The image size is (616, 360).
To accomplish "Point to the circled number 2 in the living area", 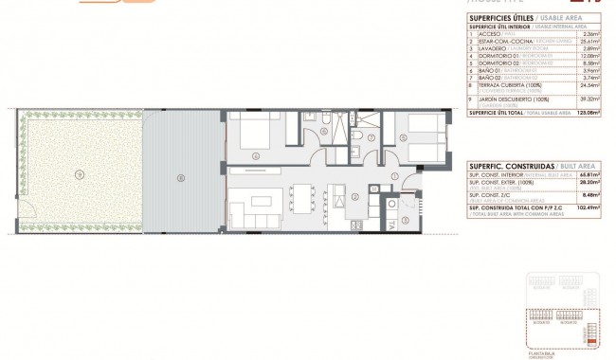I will tap(353, 197).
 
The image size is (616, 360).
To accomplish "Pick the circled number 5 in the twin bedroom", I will tap(404, 137).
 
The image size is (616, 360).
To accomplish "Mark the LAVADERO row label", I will tap(495, 50).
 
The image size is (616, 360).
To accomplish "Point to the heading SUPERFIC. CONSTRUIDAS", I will tap(507, 163).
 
